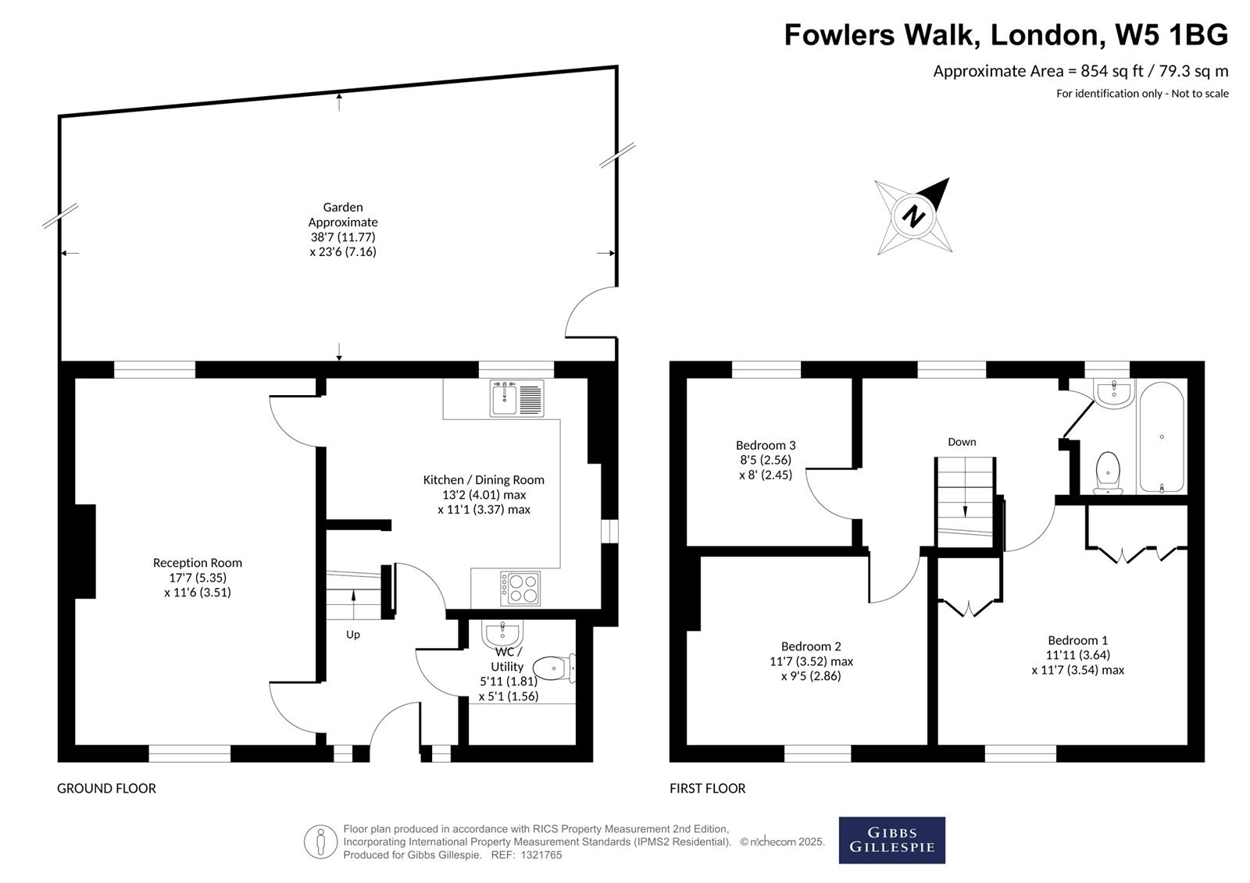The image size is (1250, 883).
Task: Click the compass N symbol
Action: (913, 216)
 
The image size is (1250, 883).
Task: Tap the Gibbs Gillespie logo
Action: (891, 840)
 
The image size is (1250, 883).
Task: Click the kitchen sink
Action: (516, 398)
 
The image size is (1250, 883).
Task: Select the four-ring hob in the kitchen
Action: (520, 589)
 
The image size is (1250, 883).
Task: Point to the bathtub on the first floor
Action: (1161, 437)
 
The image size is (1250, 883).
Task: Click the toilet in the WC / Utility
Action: (554, 668)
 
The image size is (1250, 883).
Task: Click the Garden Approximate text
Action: (343, 214)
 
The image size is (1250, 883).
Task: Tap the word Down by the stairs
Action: (962, 442)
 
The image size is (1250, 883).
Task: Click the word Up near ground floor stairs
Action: (352, 635)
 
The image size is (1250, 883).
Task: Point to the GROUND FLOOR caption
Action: (106, 789)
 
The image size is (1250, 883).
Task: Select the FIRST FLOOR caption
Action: (708, 789)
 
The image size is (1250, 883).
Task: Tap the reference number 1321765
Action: (541, 855)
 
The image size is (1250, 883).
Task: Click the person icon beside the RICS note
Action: (320, 842)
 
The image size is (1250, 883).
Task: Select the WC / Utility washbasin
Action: (502, 634)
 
